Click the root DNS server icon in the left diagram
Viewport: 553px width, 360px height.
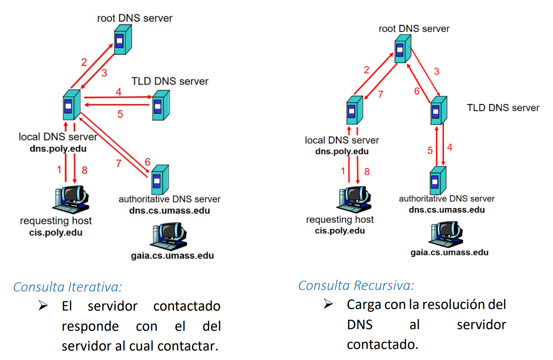pos(123,40)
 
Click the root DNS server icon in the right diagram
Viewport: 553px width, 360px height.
pos(403,49)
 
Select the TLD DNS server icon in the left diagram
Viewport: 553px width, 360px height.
pos(161,105)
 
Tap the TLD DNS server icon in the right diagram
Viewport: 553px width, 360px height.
pos(439,110)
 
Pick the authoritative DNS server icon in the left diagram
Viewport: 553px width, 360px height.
pos(160,180)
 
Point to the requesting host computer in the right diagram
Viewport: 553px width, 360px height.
pos(354,199)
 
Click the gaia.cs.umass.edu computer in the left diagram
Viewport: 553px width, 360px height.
pos(168,236)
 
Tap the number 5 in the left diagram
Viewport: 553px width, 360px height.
pos(120,114)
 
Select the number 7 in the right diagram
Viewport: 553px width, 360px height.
pos(381,95)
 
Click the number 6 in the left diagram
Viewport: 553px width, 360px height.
pos(148,162)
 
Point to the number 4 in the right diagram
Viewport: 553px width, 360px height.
pos(450,148)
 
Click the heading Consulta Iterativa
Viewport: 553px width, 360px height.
pos(68,287)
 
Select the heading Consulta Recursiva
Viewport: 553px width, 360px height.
pos(356,285)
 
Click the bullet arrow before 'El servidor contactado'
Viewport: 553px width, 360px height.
pos(43,305)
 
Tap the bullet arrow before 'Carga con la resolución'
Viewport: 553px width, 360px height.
pos(328,304)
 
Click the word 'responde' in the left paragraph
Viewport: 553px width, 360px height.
pos(90,326)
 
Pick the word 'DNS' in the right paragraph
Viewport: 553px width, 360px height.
pos(360,325)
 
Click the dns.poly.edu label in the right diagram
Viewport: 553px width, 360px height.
pos(342,151)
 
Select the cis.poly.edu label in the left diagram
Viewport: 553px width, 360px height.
pos(56,233)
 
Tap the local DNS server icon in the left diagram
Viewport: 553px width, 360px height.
pos(72,105)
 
